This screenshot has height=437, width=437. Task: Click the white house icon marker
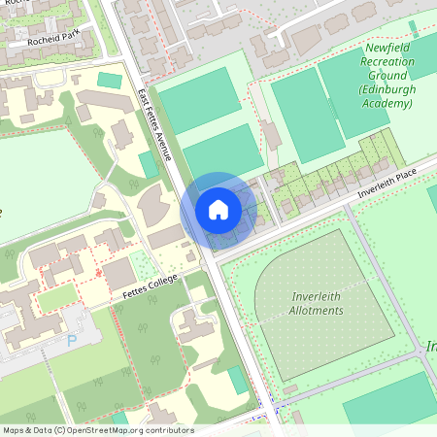pyautogui.click(x=218, y=209)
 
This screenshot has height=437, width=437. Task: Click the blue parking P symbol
pyautogui.click(x=71, y=341)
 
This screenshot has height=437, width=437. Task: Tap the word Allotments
pyautogui.click(x=317, y=310)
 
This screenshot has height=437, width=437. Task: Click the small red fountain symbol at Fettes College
pyautogui.click(x=98, y=273)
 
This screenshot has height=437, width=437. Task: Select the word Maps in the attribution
pyautogui.click(x=14, y=430)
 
